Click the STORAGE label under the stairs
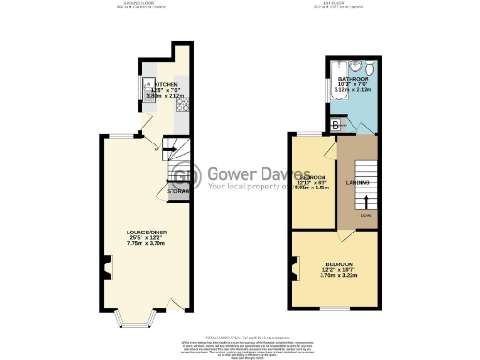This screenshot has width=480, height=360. click(177, 191)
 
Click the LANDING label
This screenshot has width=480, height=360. click(357, 181)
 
